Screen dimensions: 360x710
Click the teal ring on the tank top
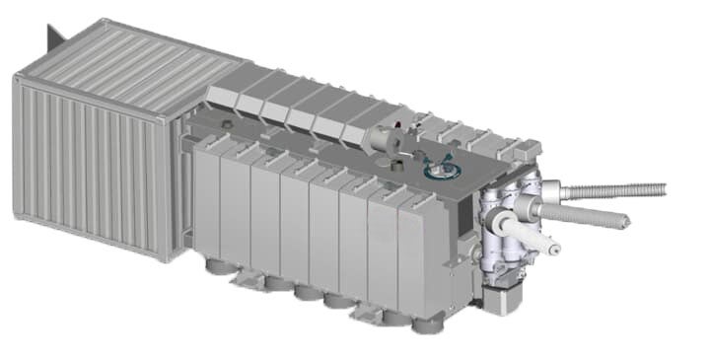pos(441,172)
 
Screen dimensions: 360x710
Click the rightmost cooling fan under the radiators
pos(424,322)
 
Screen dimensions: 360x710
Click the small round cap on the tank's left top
pos(228,125)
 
